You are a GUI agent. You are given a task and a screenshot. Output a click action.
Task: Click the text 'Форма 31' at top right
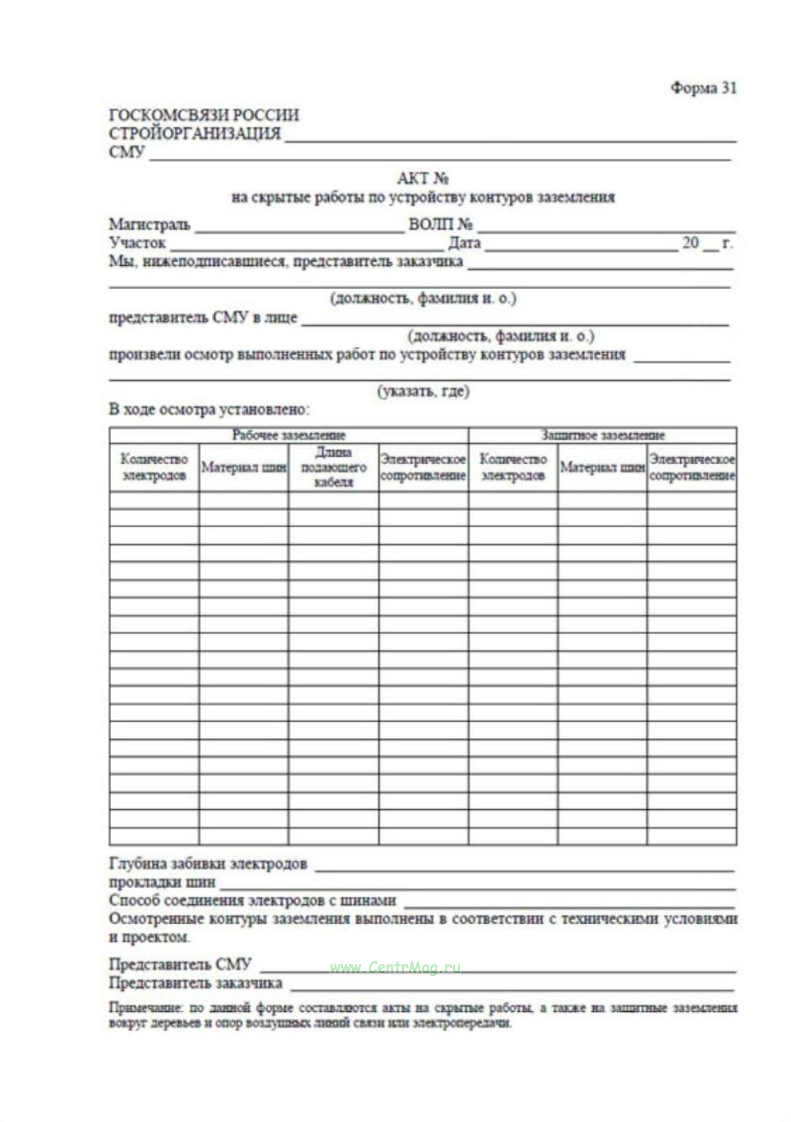[703, 88]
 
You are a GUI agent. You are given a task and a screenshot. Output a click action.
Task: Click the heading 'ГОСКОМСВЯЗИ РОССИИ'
[204, 115]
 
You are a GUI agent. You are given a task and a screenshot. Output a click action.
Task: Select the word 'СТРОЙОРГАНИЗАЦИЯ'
[195, 133]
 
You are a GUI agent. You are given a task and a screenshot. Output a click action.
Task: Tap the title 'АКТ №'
[423, 178]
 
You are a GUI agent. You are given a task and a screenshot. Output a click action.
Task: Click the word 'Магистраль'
[150, 224]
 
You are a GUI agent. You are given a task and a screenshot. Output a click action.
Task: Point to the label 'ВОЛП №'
[440, 224]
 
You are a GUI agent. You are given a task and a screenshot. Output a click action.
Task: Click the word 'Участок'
[137, 243]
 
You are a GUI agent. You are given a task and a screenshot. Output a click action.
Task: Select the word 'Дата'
[464, 243]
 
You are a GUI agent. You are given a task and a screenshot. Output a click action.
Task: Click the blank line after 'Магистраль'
[300, 230]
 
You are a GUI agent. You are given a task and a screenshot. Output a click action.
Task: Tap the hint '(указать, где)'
[423, 391]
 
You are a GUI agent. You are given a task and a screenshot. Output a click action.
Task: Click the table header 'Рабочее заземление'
[288, 435]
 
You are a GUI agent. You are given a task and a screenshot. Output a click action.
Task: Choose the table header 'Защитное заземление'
[602, 435]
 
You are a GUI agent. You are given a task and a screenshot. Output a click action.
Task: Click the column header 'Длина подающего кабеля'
[333, 467]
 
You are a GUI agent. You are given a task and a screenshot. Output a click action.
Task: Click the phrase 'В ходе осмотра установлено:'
[209, 409]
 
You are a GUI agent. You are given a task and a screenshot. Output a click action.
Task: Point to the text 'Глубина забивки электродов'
[208, 863]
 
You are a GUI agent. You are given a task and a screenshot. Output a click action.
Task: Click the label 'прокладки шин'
[162, 882]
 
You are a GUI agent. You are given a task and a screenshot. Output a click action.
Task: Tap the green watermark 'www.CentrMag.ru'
[395, 968]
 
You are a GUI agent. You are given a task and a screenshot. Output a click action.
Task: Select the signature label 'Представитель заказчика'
[195, 983]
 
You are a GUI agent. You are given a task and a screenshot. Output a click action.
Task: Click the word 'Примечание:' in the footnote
[145, 1008]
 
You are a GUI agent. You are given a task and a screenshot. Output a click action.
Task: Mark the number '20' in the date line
[690, 243]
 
